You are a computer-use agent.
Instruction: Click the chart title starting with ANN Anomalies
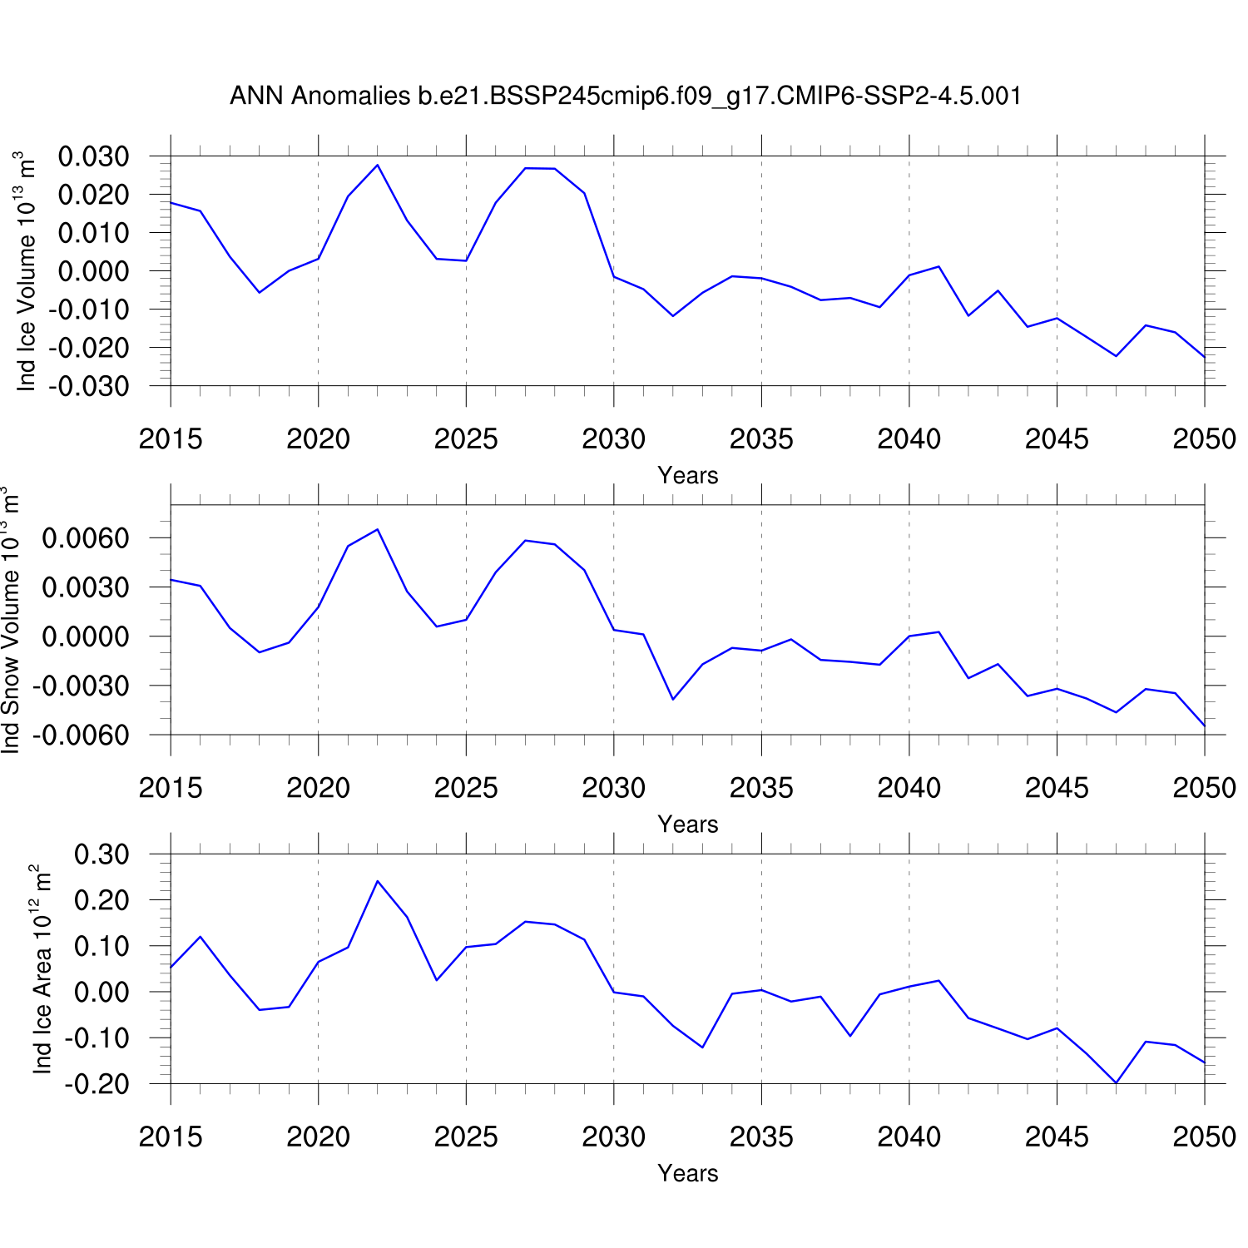point(625,97)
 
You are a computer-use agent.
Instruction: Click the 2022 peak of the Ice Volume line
point(378,165)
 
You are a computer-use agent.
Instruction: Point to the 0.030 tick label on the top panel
point(93,156)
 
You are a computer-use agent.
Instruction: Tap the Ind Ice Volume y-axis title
point(27,271)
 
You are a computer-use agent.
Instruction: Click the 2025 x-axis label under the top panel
point(466,439)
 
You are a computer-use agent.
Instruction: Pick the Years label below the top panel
point(687,475)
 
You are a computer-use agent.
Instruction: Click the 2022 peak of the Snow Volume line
point(378,529)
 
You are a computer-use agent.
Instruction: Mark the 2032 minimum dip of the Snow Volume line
point(673,699)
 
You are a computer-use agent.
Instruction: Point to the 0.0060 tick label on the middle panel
point(86,538)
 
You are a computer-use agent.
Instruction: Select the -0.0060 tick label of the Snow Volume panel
point(81,735)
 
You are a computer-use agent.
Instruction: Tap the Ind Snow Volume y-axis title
point(11,620)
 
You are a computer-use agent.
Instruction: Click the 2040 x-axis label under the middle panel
point(909,788)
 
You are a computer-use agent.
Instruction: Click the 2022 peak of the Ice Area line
point(378,881)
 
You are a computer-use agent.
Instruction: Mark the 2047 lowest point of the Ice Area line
point(1116,1082)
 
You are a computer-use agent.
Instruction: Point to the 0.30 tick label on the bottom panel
point(102,854)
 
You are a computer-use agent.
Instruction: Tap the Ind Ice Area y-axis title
point(42,969)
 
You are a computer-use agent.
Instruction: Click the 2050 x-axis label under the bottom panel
point(1204,1137)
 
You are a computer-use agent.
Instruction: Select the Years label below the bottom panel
point(687,1173)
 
